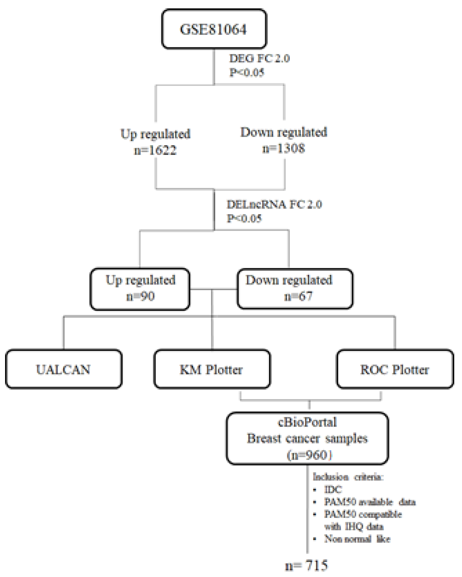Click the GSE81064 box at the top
tap(214, 29)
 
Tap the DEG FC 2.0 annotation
tap(259, 58)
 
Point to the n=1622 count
tap(155, 150)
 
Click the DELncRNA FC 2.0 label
tap(274, 205)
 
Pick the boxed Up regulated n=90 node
tap(140, 288)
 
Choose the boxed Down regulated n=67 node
tap(295, 288)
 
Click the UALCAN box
tap(64, 369)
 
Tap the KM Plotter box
tap(212, 369)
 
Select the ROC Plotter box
tap(395, 369)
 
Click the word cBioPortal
tap(307, 422)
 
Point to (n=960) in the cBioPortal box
tap(309, 455)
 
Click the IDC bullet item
tap(333, 490)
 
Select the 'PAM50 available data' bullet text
tap(370, 502)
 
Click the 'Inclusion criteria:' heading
tap(348, 477)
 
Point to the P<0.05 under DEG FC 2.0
tap(246, 72)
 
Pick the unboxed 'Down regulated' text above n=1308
tap(284, 132)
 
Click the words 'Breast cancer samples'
tap(307, 438)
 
